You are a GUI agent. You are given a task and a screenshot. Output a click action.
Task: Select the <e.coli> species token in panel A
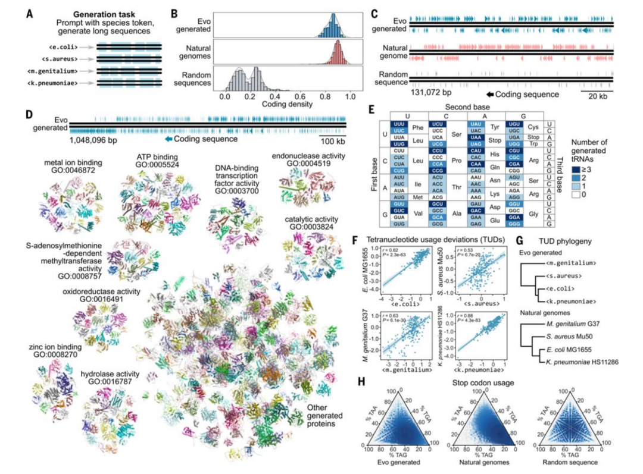pyautogui.click(x=65, y=45)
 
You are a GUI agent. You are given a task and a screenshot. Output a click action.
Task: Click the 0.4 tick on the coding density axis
pyautogui.click(x=275, y=96)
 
